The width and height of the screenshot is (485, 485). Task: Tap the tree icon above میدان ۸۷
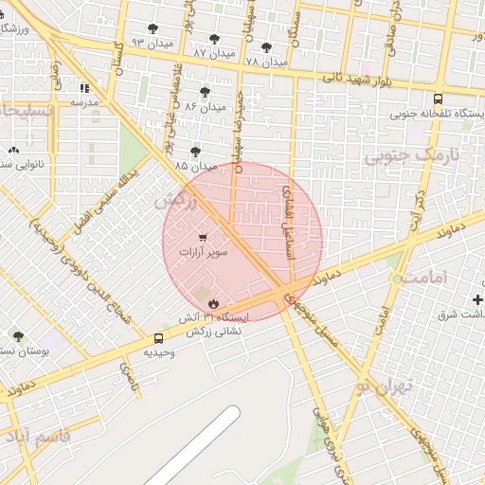coord(215,39)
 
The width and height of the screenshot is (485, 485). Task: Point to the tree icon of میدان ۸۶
coord(205,92)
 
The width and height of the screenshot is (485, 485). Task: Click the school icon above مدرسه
coord(84,87)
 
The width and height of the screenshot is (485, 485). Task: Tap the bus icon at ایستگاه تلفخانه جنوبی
coord(437,98)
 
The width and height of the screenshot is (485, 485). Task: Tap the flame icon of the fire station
coord(212,303)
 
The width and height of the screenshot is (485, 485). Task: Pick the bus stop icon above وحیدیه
coord(158,337)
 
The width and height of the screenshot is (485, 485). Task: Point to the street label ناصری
coord(126,374)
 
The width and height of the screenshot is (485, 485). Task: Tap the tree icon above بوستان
coord(18,336)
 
